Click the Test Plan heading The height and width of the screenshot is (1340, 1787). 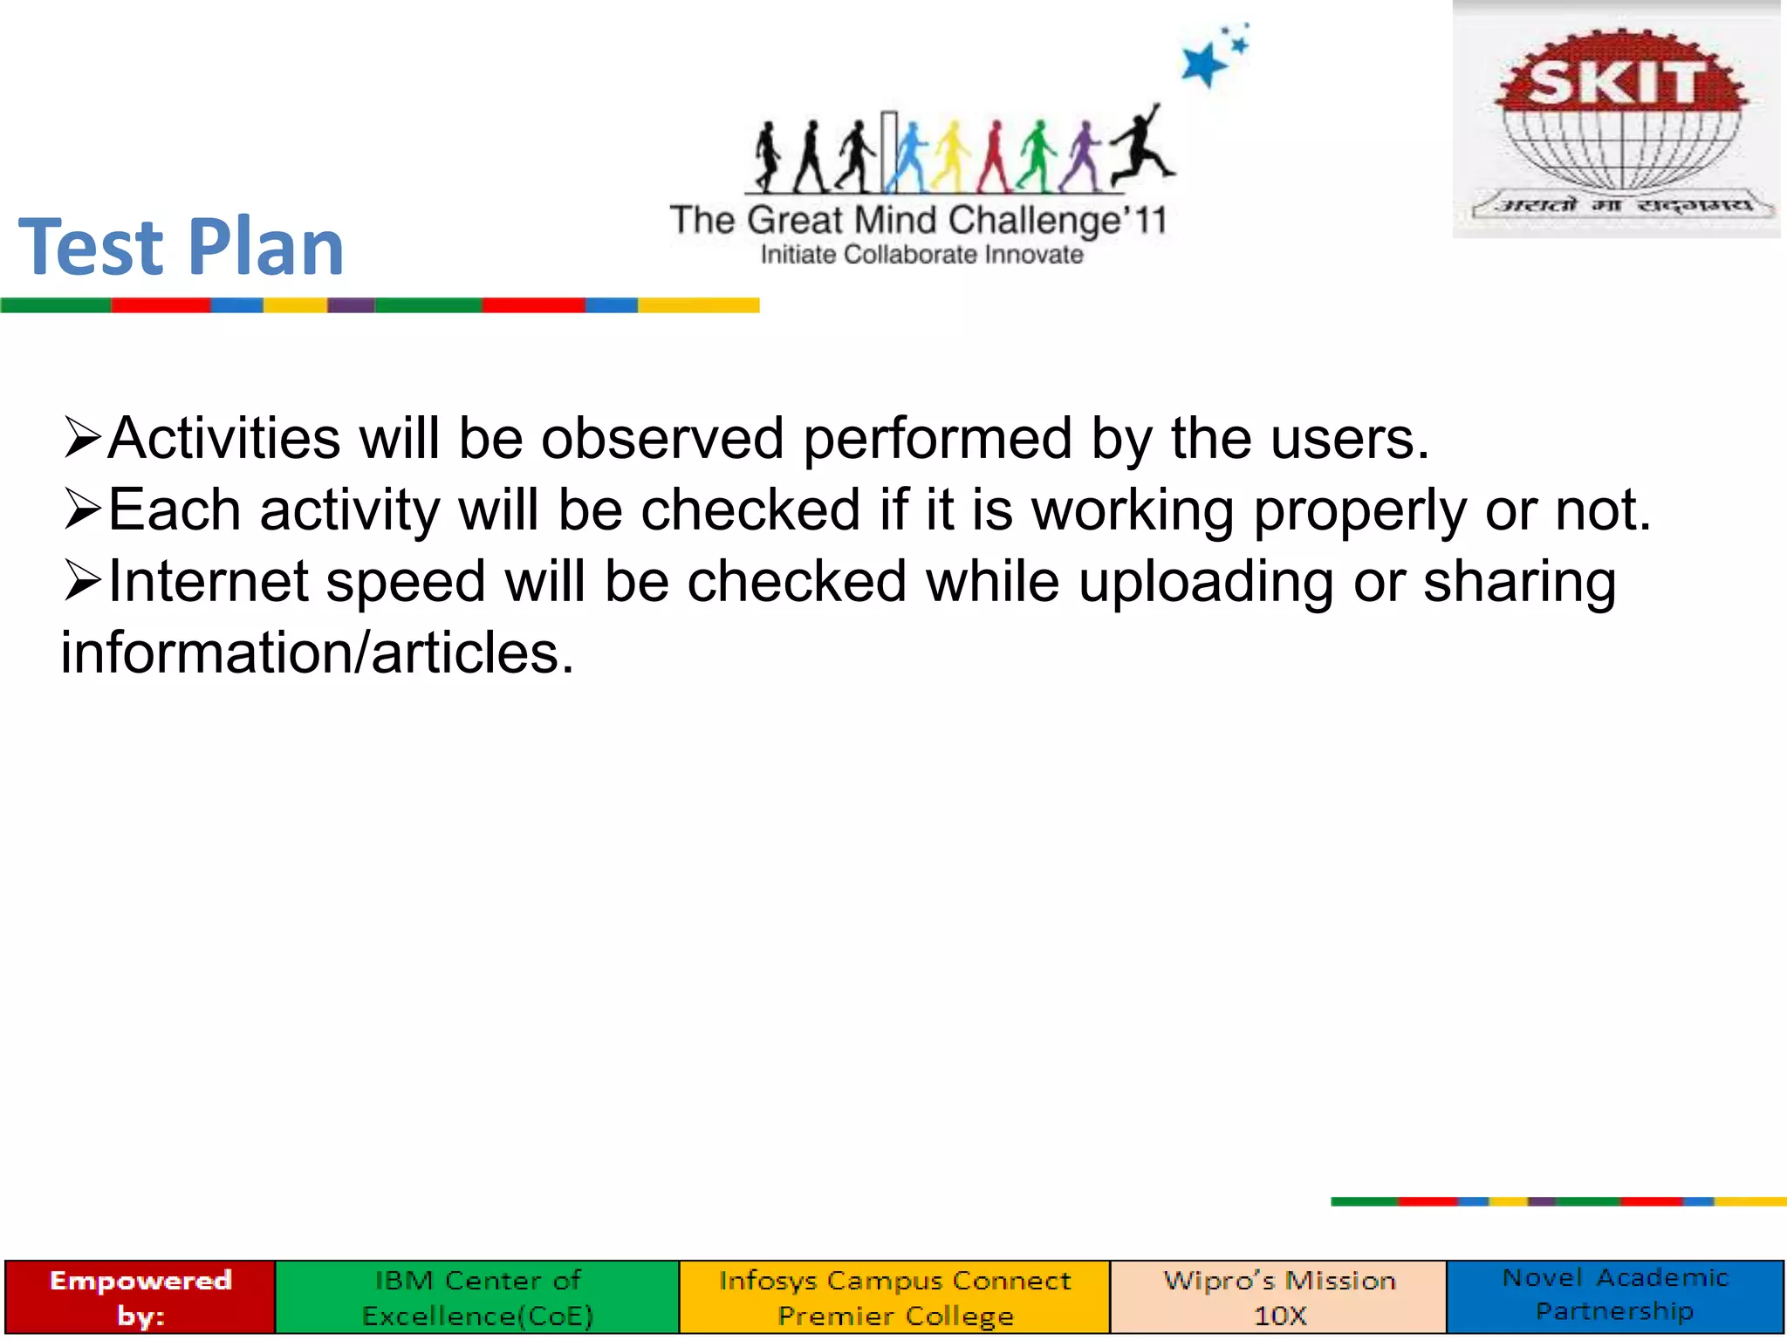point(181,248)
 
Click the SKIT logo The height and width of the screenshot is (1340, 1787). point(1616,120)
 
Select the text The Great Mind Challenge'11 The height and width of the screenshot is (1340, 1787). point(917,221)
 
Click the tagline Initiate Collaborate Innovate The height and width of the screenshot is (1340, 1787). point(921,256)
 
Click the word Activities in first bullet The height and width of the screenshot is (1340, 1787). point(224,438)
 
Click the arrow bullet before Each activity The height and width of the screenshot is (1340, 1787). point(83,509)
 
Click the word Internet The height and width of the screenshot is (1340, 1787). point(208,582)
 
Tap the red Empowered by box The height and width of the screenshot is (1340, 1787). point(140,1296)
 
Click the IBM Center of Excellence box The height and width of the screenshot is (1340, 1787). point(477,1296)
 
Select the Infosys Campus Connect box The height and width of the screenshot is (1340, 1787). point(894,1296)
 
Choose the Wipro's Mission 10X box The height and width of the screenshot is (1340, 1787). point(1279,1296)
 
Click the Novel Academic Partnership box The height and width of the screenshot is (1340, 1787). point(1615,1295)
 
